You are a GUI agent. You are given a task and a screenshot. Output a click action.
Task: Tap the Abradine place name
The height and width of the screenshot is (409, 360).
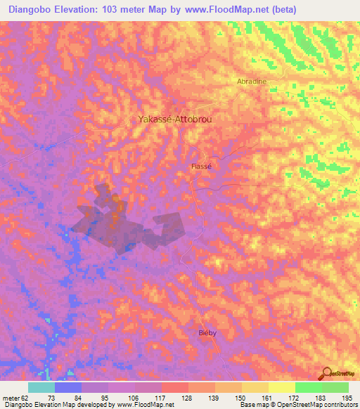coord(251,82)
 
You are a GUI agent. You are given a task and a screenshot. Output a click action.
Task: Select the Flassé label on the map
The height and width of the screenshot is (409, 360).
coord(201,167)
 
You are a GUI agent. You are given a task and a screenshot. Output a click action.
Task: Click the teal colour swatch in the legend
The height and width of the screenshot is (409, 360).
coord(41,387)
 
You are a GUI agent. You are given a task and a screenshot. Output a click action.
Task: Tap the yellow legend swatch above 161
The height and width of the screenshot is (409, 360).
coord(281,387)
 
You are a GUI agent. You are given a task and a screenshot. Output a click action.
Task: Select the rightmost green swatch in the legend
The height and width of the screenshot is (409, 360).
coord(335,387)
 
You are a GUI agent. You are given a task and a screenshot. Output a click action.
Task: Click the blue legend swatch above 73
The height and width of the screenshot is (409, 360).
coord(67,387)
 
